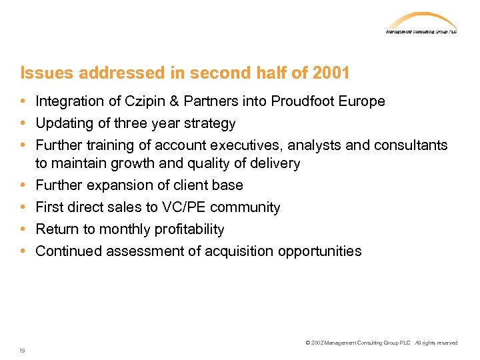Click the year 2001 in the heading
(x=331, y=72)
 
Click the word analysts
(x=312, y=145)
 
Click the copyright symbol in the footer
(x=307, y=343)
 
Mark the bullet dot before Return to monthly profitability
(x=23, y=229)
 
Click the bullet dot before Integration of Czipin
(x=23, y=101)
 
